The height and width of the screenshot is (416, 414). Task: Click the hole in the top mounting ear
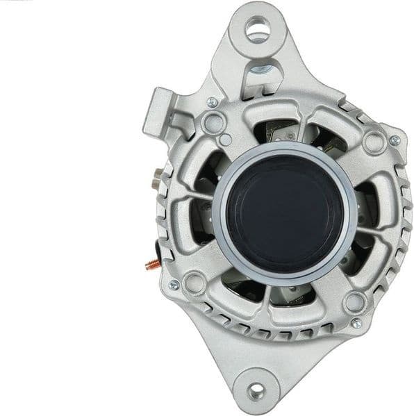click(256, 29)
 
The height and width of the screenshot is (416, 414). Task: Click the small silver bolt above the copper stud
click(156, 183)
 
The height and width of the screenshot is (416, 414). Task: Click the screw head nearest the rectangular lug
click(213, 103)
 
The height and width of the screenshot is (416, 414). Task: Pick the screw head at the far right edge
click(395, 140)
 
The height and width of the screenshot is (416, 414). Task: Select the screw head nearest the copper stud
click(174, 285)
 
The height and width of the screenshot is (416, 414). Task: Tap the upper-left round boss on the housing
click(213, 124)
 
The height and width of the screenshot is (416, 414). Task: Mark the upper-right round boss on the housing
click(373, 142)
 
